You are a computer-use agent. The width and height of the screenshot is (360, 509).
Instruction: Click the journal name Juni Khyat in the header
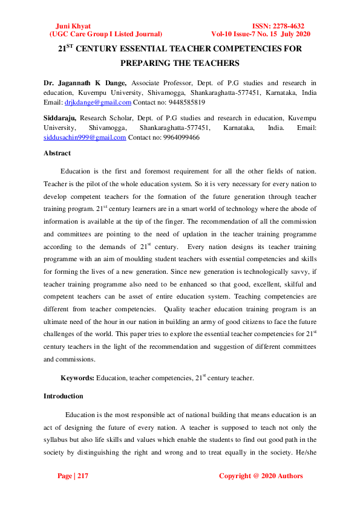[73, 27]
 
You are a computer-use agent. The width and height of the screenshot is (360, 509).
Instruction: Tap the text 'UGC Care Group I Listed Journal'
[105, 34]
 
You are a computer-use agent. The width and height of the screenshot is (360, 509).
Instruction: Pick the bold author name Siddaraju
[60, 117]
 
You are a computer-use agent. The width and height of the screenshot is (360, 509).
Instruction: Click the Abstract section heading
[57, 154]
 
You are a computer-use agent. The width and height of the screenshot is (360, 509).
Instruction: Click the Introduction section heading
[64, 397]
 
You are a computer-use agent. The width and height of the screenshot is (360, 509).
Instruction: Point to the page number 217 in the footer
[82, 476]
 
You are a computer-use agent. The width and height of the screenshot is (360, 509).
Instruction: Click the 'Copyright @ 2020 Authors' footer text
[260, 476]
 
